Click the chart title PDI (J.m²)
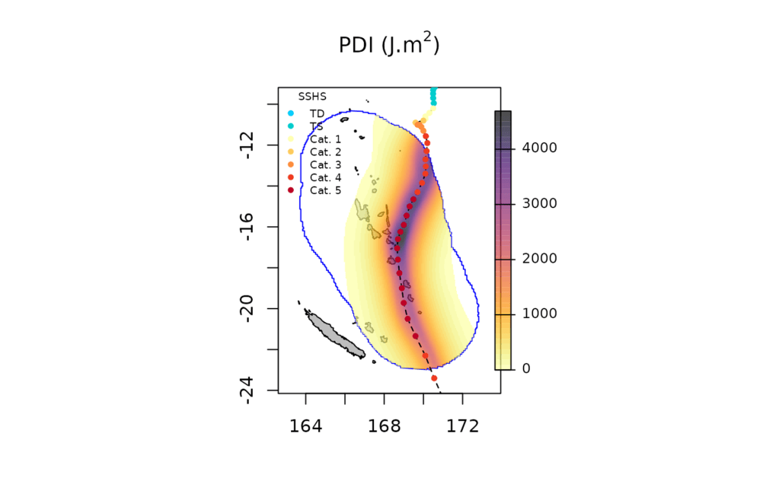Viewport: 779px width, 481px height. [x=389, y=46]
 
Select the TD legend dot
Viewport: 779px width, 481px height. [x=291, y=113]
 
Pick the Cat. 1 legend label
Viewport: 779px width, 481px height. [x=325, y=139]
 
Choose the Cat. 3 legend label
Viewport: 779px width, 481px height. [x=325, y=165]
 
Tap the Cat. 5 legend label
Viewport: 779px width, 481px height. [x=325, y=190]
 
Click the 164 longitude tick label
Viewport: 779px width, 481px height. [x=305, y=426]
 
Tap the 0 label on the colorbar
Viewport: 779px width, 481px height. [x=526, y=369]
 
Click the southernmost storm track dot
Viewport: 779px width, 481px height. [x=434, y=378]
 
